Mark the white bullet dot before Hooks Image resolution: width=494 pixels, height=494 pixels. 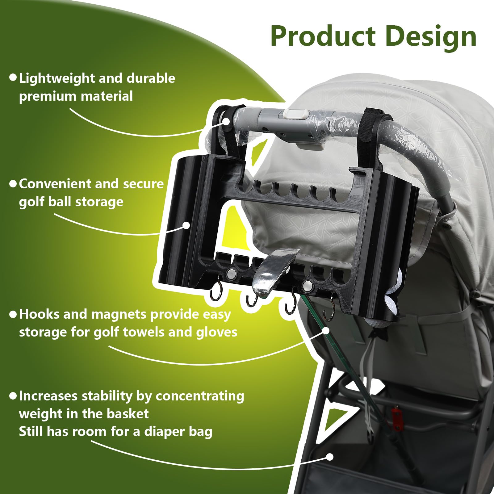point(13,314)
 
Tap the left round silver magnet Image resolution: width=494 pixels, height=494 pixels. point(231,273)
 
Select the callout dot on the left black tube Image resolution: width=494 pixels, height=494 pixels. point(186,225)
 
